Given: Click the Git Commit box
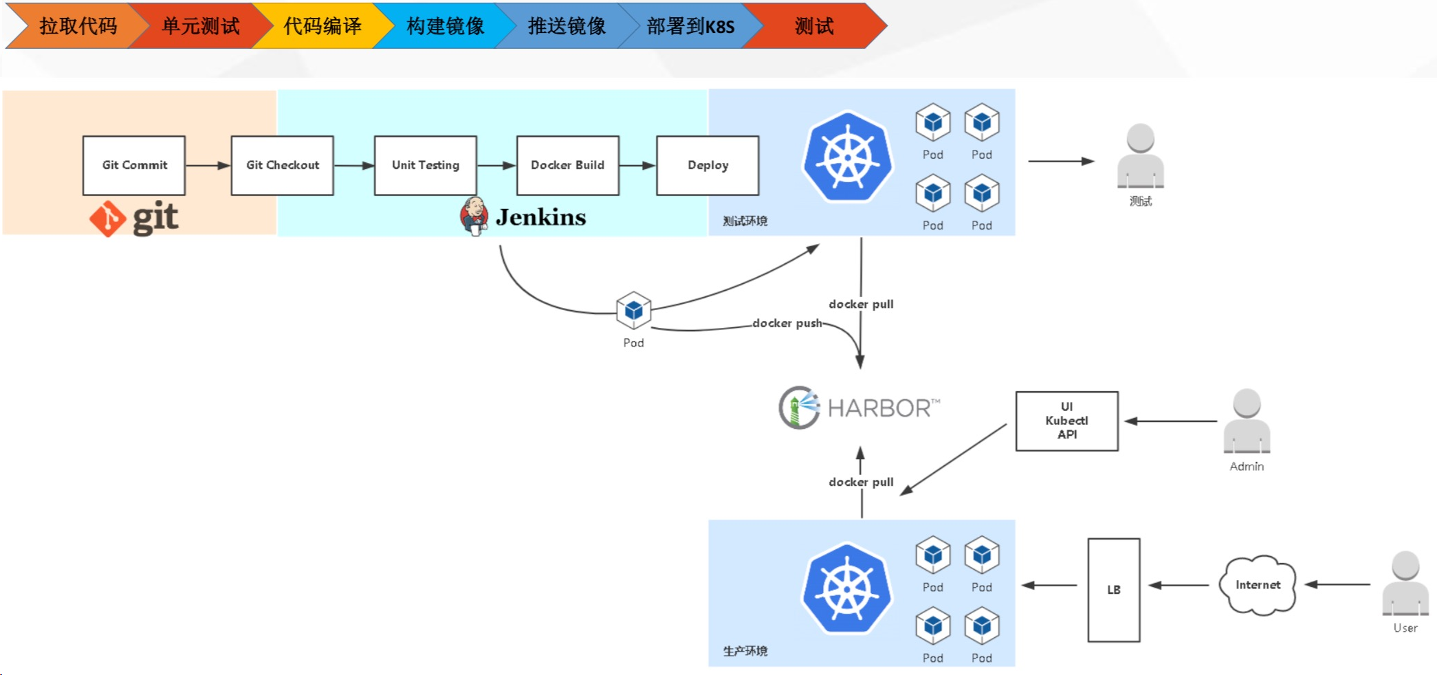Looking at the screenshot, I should click(x=134, y=165).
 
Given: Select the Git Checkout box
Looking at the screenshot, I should click(x=283, y=165).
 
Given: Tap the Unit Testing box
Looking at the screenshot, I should click(x=426, y=165).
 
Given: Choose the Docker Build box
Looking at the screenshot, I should click(x=568, y=165).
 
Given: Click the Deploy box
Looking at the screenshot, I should click(x=707, y=165).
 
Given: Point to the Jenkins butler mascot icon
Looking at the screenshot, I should click(x=474, y=216).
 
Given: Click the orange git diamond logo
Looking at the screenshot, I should click(x=108, y=219).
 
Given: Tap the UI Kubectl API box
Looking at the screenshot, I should click(x=1066, y=421).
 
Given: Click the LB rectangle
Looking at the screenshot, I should click(x=1113, y=590).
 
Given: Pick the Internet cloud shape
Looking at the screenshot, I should click(x=1258, y=585).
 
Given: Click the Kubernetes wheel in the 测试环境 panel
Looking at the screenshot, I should click(x=848, y=157).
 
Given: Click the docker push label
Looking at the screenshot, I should click(x=787, y=323).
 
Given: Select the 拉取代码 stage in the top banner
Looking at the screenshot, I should click(x=77, y=26).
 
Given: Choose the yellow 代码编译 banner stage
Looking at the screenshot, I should click(x=322, y=26).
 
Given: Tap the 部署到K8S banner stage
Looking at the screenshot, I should click(x=690, y=26).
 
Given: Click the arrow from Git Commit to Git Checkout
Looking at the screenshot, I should click(x=208, y=165).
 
